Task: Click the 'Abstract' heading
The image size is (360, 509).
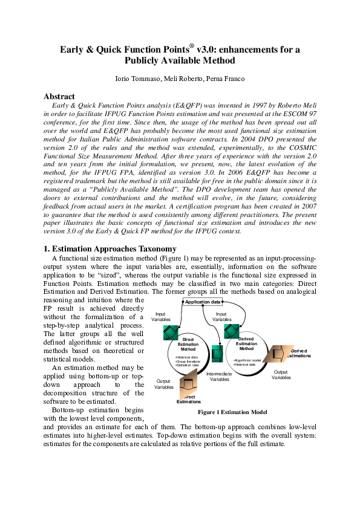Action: coord(59,96)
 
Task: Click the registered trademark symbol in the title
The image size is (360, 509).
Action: coord(191,45)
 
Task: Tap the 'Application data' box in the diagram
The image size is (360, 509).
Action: coord(202,302)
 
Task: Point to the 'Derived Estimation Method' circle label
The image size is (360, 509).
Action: coord(246,343)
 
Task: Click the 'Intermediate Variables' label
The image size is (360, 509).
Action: coord(219,377)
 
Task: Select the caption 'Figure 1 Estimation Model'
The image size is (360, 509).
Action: coord(232,412)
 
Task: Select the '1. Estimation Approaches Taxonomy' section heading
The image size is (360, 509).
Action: coord(110,248)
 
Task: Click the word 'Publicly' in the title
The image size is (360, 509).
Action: coord(146,60)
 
